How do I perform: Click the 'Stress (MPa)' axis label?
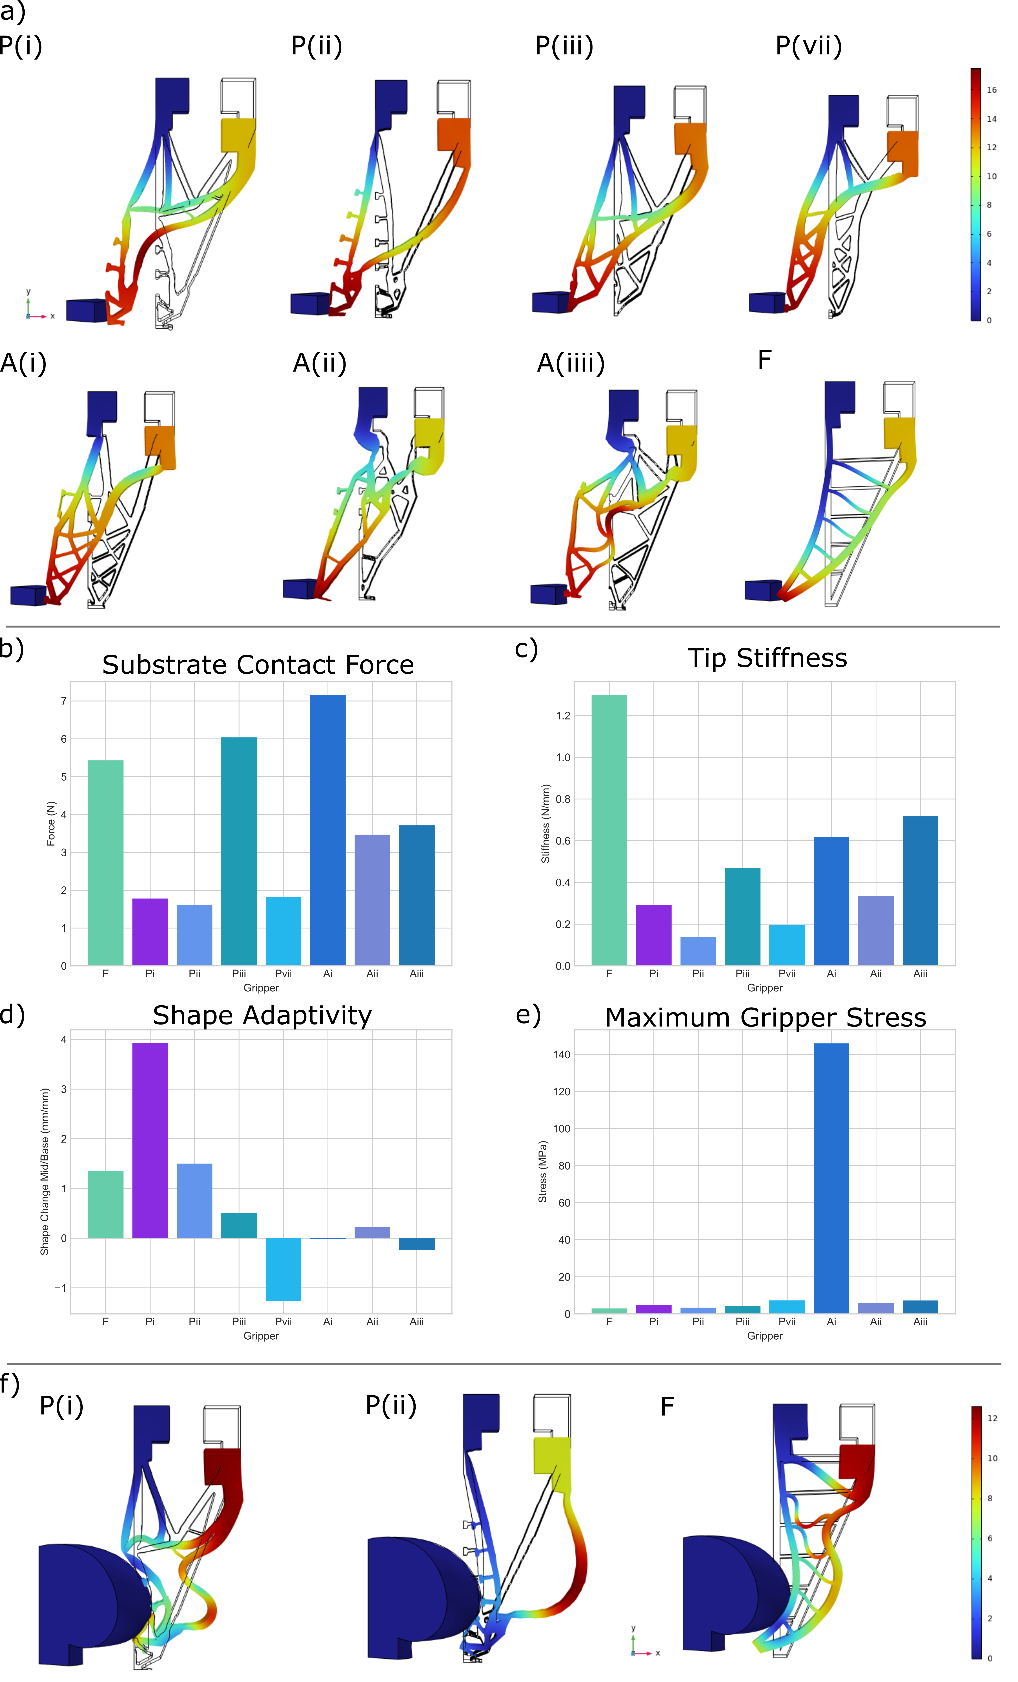click(x=543, y=1171)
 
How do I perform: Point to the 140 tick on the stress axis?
click(x=561, y=1055)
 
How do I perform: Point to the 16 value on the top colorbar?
click(x=991, y=89)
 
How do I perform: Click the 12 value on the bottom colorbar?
click(x=992, y=1418)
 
